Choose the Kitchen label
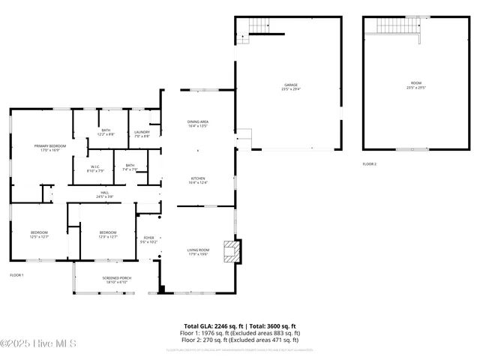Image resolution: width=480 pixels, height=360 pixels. click(x=198, y=180)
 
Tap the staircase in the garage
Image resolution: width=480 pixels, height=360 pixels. click(x=259, y=26)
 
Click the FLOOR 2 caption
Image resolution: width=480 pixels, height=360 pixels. click(x=370, y=163)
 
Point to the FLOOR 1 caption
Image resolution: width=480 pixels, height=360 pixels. click(x=16, y=275)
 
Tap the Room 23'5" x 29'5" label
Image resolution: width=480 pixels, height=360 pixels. click(x=415, y=85)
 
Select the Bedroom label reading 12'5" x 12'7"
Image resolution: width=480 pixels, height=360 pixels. click(x=39, y=235)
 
